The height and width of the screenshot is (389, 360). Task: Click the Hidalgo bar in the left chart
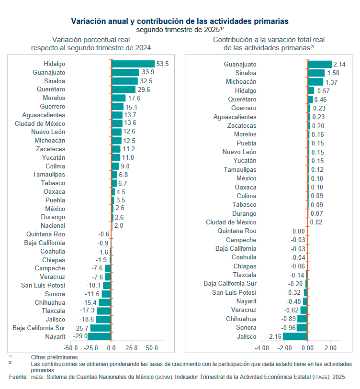133,64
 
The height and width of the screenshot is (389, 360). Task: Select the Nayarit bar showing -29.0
99,336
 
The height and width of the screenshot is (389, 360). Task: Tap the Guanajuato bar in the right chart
319,64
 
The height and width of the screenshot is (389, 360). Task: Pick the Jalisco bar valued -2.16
295,336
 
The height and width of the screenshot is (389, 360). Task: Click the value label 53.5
163,64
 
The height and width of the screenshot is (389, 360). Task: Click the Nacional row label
53,225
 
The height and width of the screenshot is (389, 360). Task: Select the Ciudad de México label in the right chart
231,222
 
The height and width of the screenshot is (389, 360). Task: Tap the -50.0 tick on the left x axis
71,348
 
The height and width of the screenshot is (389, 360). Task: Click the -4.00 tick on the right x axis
262,348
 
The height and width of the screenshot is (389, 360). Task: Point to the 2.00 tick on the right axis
330,348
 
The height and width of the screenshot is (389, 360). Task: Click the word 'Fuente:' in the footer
18,378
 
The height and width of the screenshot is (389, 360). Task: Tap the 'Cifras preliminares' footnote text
55,357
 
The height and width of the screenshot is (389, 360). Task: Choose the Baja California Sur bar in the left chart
101,328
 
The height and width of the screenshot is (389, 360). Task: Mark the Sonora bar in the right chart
302,328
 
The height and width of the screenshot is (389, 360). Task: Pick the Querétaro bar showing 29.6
123,89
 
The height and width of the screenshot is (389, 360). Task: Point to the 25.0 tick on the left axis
131,348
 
